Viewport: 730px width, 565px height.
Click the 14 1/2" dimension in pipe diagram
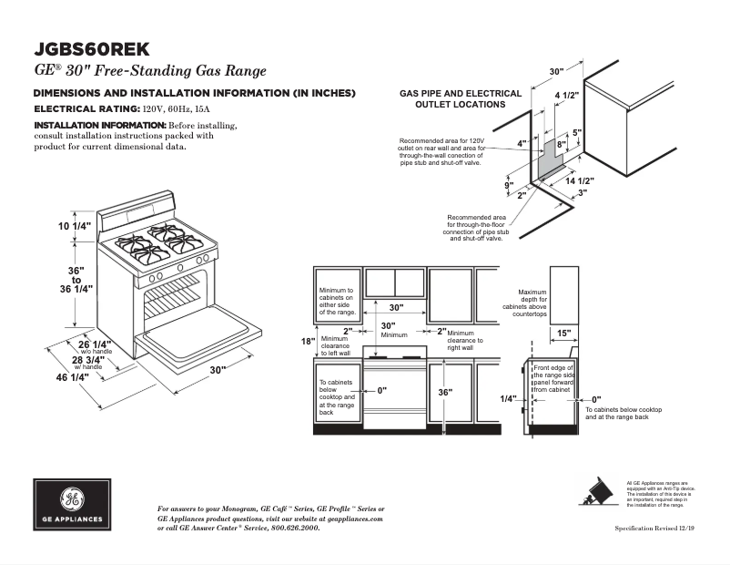coord(579,181)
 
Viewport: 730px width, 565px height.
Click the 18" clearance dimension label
coord(307,341)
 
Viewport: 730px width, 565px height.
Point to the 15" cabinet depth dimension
coord(563,333)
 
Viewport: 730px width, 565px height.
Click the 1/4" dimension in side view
coord(508,399)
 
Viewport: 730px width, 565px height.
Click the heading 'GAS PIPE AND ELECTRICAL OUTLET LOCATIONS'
coord(461,98)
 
